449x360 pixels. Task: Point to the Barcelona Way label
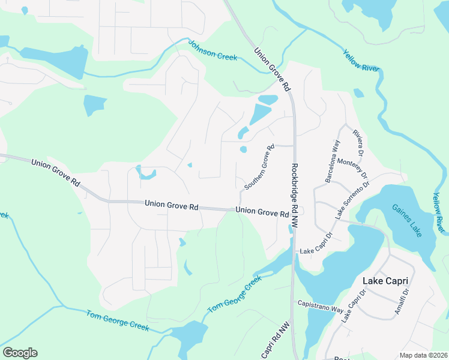(333, 161)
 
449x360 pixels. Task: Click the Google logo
(20, 353)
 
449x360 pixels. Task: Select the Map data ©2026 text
(423, 355)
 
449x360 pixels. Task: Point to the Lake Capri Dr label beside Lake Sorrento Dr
(316, 243)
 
